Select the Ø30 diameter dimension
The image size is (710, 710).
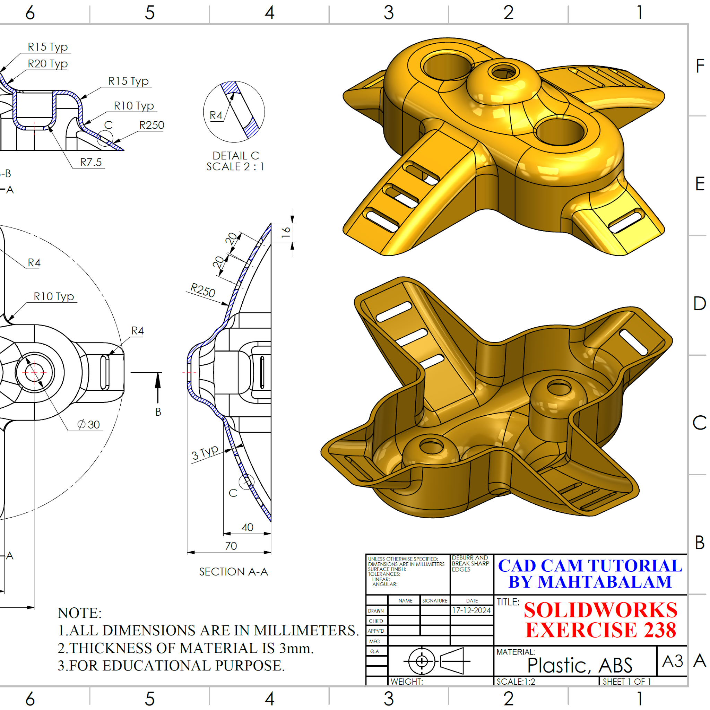pos(88,424)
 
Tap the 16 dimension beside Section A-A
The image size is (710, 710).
pos(286,232)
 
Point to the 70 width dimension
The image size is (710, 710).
pos(231,546)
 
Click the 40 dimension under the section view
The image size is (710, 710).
pos(247,527)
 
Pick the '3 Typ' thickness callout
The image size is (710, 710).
pos(205,452)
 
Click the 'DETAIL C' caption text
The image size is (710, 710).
pos(235,155)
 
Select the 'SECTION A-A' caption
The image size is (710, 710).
pos(234,571)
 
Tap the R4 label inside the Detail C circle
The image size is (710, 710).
pos(216,115)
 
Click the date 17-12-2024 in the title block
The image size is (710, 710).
pos(471,611)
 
